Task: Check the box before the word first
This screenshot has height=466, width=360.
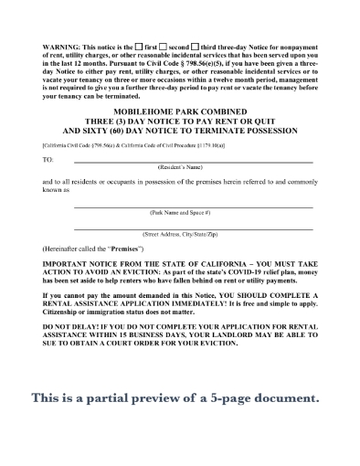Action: click(138, 46)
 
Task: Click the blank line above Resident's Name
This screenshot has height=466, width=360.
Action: click(192, 163)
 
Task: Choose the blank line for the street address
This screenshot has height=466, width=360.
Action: click(192, 228)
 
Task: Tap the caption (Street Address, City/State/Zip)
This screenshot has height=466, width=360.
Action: click(192, 235)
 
